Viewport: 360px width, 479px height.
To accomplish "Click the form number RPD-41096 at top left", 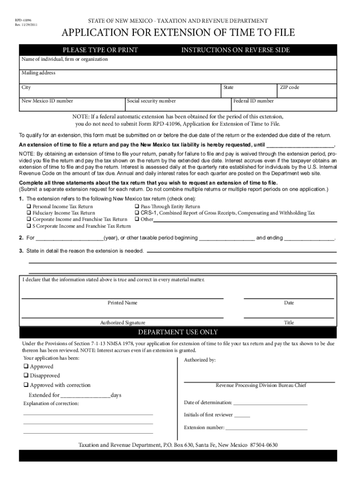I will pos(19,21).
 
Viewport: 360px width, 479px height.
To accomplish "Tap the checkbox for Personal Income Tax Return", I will pos(29,207).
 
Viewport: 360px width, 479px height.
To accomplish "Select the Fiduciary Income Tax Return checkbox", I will pos(29,213).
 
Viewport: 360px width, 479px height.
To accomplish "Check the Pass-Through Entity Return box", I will pos(137,207).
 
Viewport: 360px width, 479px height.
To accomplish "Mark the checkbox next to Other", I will pos(137,219).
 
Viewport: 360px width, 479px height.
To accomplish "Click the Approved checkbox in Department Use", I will pos(26,367).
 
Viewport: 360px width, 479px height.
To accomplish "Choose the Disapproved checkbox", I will pos(26,376).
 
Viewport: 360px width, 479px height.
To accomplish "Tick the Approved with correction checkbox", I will pos(26,385).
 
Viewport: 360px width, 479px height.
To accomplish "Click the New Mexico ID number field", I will pos(72,105).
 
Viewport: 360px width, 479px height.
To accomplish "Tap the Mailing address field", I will pos(178,77).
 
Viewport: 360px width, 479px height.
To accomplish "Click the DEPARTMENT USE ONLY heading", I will pos(178,333).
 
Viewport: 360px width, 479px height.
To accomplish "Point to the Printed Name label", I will pos(122,303).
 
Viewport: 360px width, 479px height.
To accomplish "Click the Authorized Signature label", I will pos(122,323).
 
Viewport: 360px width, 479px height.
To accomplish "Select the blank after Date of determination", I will pos(270,403).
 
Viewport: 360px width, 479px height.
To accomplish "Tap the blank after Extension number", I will pos(266,428).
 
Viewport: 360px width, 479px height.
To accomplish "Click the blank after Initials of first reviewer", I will pos(242,415).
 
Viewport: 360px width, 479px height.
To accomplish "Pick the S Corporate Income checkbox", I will pos(29,226).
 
